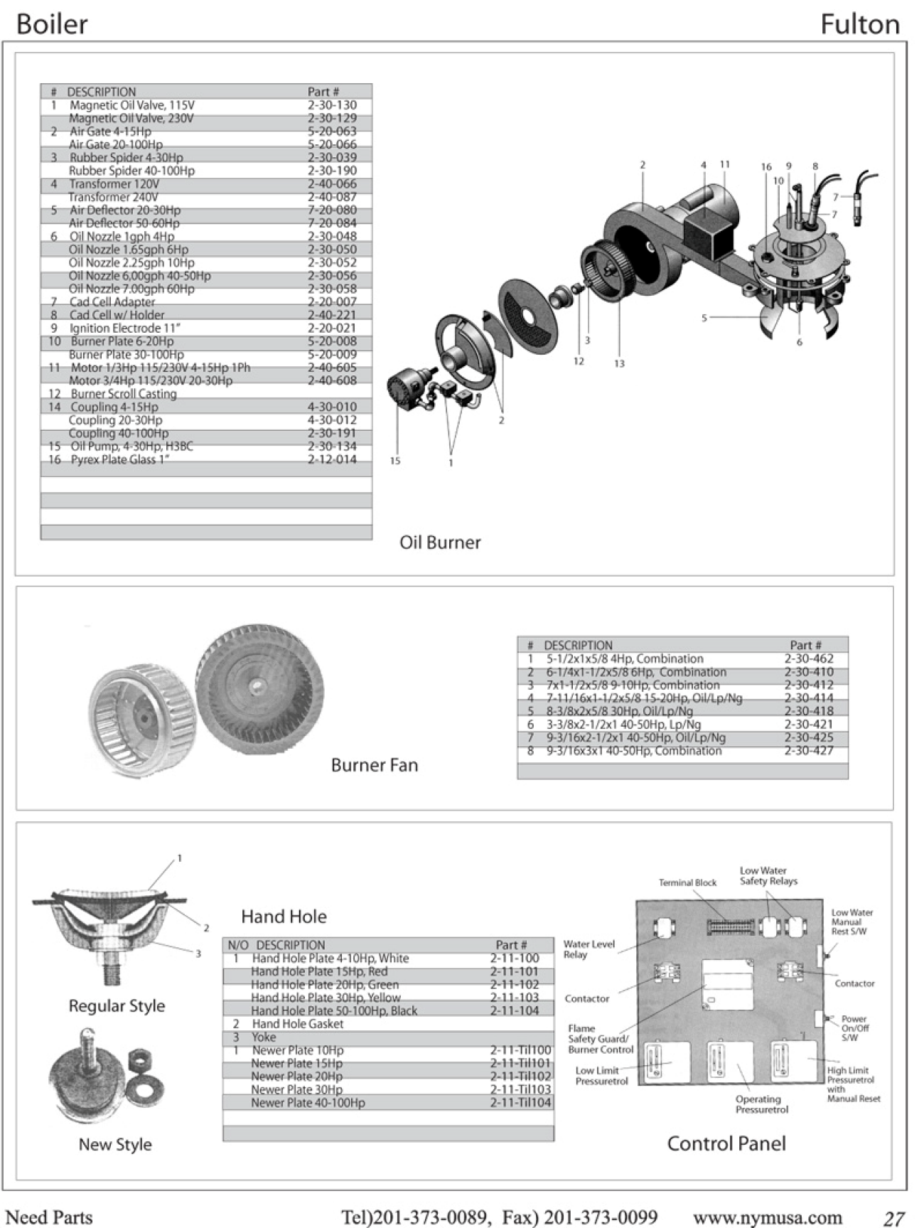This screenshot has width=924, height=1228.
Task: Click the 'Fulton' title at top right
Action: (x=859, y=25)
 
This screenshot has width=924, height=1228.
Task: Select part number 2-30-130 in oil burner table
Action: (x=332, y=105)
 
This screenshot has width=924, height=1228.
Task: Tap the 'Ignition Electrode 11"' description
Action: (x=124, y=329)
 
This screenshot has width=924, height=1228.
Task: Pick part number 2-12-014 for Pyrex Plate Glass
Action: (x=332, y=460)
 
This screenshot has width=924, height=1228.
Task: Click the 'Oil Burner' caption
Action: (x=440, y=543)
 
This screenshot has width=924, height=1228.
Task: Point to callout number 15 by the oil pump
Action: (x=395, y=461)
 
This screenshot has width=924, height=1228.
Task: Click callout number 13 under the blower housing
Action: (x=619, y=363)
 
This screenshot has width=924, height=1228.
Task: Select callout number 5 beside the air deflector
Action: (x=704, y=318)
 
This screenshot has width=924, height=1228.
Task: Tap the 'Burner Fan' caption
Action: (x=375, y=765)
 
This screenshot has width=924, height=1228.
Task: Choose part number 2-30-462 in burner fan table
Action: (x=809, y=659)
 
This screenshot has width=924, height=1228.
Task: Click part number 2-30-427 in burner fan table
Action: (x=809, y=751)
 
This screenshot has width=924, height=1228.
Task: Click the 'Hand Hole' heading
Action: (x=284, y=917)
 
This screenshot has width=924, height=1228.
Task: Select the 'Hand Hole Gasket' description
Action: (x=298, y=1024)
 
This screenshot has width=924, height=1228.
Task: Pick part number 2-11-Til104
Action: (x=520, y=1103)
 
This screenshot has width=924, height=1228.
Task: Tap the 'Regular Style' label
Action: (x=117, y=1006)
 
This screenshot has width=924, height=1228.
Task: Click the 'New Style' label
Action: (x=115, y=1145)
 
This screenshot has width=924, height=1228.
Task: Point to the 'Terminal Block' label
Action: (x=687, y=883)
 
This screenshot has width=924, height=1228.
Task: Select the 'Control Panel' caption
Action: (x=726, y=1144)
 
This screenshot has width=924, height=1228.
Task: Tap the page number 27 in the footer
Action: (x=893, y=1219)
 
